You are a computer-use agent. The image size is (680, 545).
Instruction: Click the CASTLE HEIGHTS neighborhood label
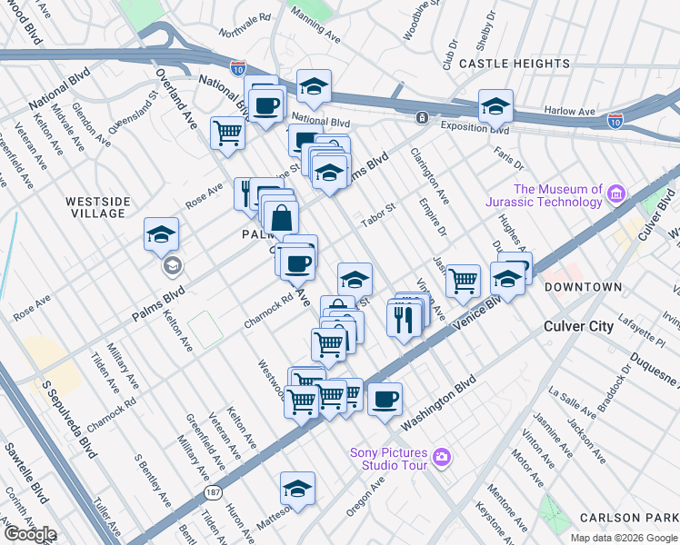coord(515,64)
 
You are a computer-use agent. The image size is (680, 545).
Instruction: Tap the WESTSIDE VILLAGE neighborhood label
coord(97,207)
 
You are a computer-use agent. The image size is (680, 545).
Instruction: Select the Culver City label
coord(577,326)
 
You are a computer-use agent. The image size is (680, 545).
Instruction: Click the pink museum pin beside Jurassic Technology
coord(617,193)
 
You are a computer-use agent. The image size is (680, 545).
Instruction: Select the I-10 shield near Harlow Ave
coord(615,119)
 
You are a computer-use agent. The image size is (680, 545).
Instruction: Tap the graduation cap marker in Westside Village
coord(161,235)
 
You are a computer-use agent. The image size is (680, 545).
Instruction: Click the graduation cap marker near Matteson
coord(297,489)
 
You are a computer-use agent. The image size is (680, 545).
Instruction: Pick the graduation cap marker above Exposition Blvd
coord(495,106)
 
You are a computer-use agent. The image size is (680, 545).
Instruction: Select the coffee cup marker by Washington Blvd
coord(385,398)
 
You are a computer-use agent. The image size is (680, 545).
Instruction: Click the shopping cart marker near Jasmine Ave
coord(464,282)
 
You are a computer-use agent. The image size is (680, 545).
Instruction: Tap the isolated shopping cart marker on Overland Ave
coord(227,133)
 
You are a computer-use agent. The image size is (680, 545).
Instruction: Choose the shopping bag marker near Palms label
coord(283,217)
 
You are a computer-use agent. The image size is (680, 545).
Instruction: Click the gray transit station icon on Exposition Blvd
coord(422,118)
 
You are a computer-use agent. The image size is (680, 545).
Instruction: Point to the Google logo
coord(29,534)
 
